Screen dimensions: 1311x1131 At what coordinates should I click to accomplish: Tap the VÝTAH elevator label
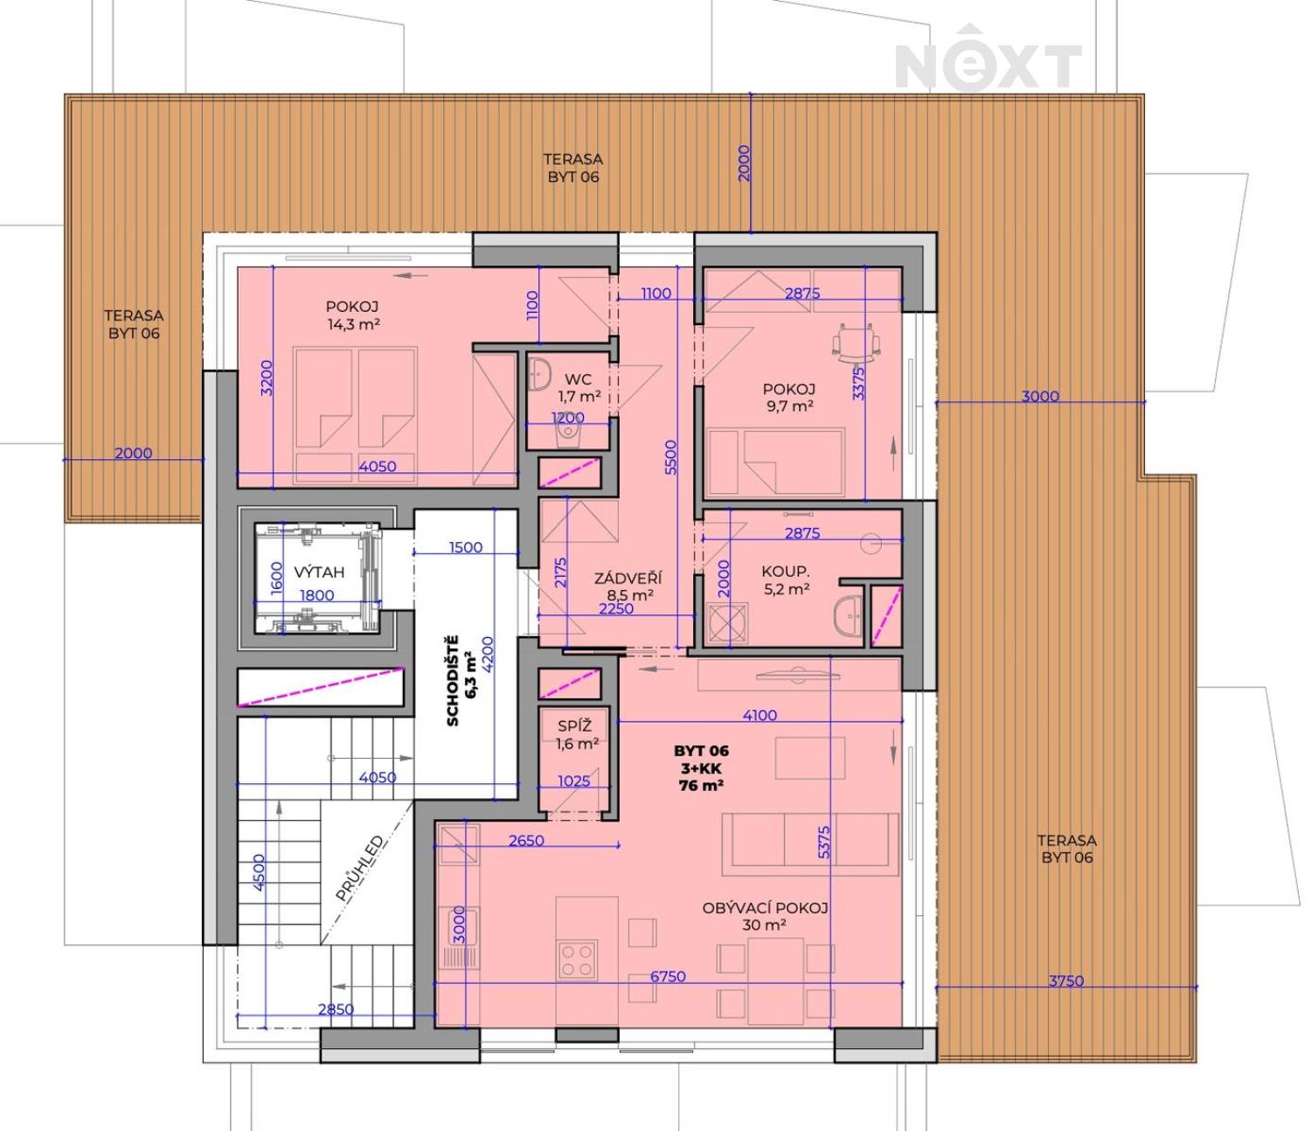pyautogui.click(x=319, y=572)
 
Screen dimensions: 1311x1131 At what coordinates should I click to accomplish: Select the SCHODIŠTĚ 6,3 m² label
pyautogui.click(x=461, y=681)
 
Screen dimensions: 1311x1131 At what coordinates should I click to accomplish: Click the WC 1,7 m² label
pyautogui.click(x=579, y=388)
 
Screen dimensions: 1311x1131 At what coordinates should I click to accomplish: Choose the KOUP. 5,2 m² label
pyautogui.click(x=785, y=580)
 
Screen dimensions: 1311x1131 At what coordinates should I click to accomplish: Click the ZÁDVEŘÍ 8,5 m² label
pyautogui.click(x=628, y=586)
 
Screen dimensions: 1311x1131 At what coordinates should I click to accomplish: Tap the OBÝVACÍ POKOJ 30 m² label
pyautogui.click(x=765, y=917)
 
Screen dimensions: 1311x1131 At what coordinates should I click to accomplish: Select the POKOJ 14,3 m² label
pyautogui.click(x=352, y=316)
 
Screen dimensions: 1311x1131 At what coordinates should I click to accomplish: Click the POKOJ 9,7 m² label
pyautogui.click(x=789, y=397)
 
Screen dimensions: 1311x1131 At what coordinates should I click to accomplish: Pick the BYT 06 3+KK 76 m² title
pyautogui.click(x=702, y=768)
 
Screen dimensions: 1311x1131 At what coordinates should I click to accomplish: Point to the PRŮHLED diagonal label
pyautogui.click(x=360, y=869)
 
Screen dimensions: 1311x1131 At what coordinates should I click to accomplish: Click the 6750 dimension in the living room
pyautogui.click(x=668, y=976)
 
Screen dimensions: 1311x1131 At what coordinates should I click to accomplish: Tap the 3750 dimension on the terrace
pyautogui.click(x=1066, y=981)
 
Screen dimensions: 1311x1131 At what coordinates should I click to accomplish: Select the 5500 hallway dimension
pyautogui.click(x=671, y=457)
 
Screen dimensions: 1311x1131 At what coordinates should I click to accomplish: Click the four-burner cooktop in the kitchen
pyautogui.click(x=577, y=960)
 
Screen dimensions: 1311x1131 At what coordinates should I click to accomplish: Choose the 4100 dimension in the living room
pyautogui.click(x=760, y=716)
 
